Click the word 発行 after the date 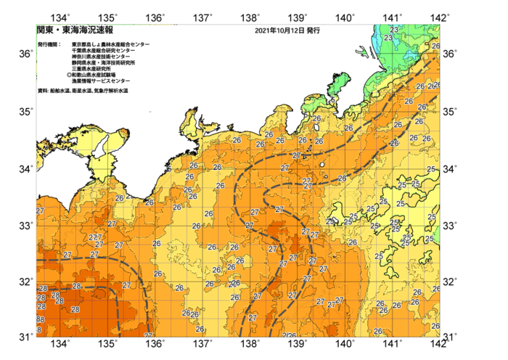tap(313, 31)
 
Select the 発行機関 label tap(49, 44)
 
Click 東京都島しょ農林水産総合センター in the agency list tap(111, 44)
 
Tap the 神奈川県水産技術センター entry tap(102, 57)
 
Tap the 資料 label tap(42, 91)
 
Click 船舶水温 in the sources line tap(58, 91)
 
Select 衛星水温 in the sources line tap(78, 91)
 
